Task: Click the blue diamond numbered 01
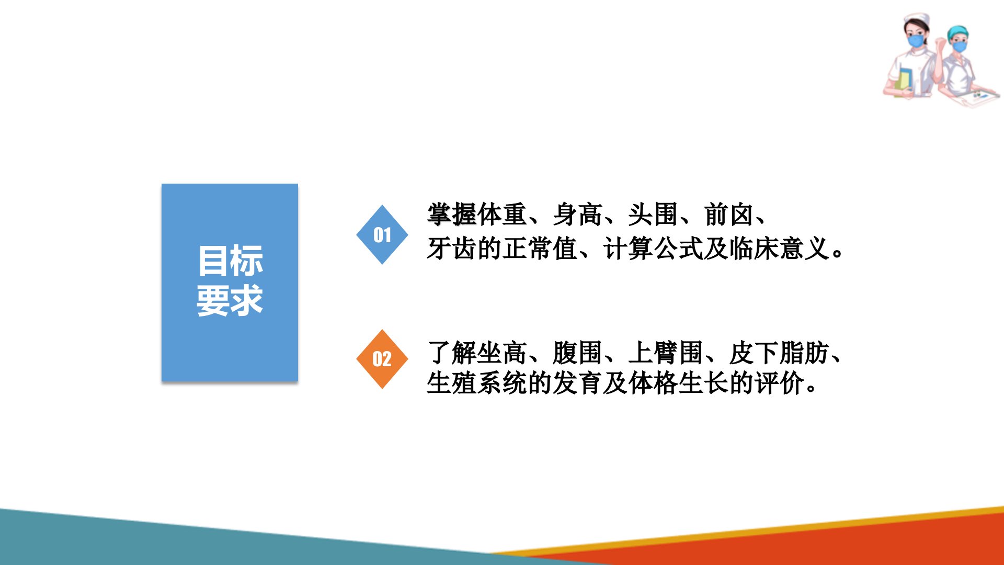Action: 382,234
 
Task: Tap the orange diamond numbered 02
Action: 382,359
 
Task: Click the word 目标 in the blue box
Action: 230,261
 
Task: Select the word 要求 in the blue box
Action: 230,300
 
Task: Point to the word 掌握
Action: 452,214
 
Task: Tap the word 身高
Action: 578,214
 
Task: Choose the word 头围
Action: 653,214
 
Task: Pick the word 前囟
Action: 729,214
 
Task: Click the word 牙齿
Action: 452,248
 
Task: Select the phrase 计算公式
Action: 653,248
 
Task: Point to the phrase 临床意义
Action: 779,248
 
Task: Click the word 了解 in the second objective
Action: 452,353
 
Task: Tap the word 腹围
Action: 578,353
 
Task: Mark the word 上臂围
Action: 666,353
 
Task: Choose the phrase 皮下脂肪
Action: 779,353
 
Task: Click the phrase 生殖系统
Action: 477,383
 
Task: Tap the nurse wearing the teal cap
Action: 965,66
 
